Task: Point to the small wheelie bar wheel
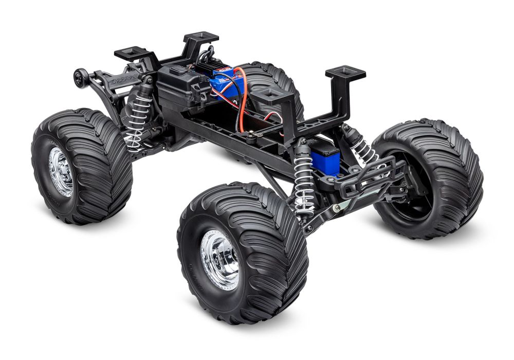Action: pos(80,78)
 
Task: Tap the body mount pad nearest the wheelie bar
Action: pos(131,53)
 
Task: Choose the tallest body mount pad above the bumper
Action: pos(345,73)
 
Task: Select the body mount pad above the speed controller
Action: pos(201,38)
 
